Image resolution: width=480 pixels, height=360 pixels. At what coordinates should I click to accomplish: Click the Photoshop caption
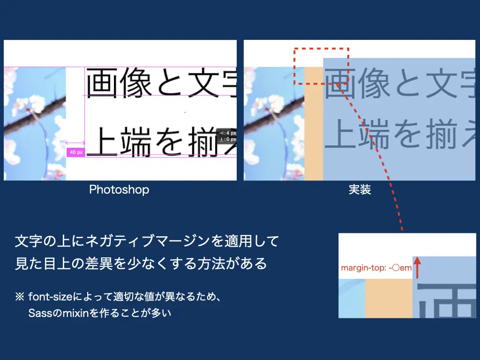(119, 190)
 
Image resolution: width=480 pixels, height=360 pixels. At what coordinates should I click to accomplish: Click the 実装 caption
(360, 190)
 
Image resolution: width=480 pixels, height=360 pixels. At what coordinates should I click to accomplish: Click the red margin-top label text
(376, 268)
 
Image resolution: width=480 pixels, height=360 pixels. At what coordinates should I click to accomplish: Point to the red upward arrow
(417, 268)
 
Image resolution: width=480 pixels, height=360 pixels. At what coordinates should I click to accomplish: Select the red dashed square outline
(294, 66)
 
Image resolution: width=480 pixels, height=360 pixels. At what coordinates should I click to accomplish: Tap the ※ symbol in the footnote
(20, 296)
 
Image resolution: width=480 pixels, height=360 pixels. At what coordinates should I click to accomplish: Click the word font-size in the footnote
(50, 297)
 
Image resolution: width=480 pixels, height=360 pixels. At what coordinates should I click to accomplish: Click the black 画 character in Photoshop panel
(102, 83)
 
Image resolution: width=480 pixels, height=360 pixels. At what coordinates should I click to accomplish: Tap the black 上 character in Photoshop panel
(102, 142)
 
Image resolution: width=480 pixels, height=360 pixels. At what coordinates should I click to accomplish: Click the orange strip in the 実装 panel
(314, 124)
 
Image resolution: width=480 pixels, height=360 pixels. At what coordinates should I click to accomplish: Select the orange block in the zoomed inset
(389, 299)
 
